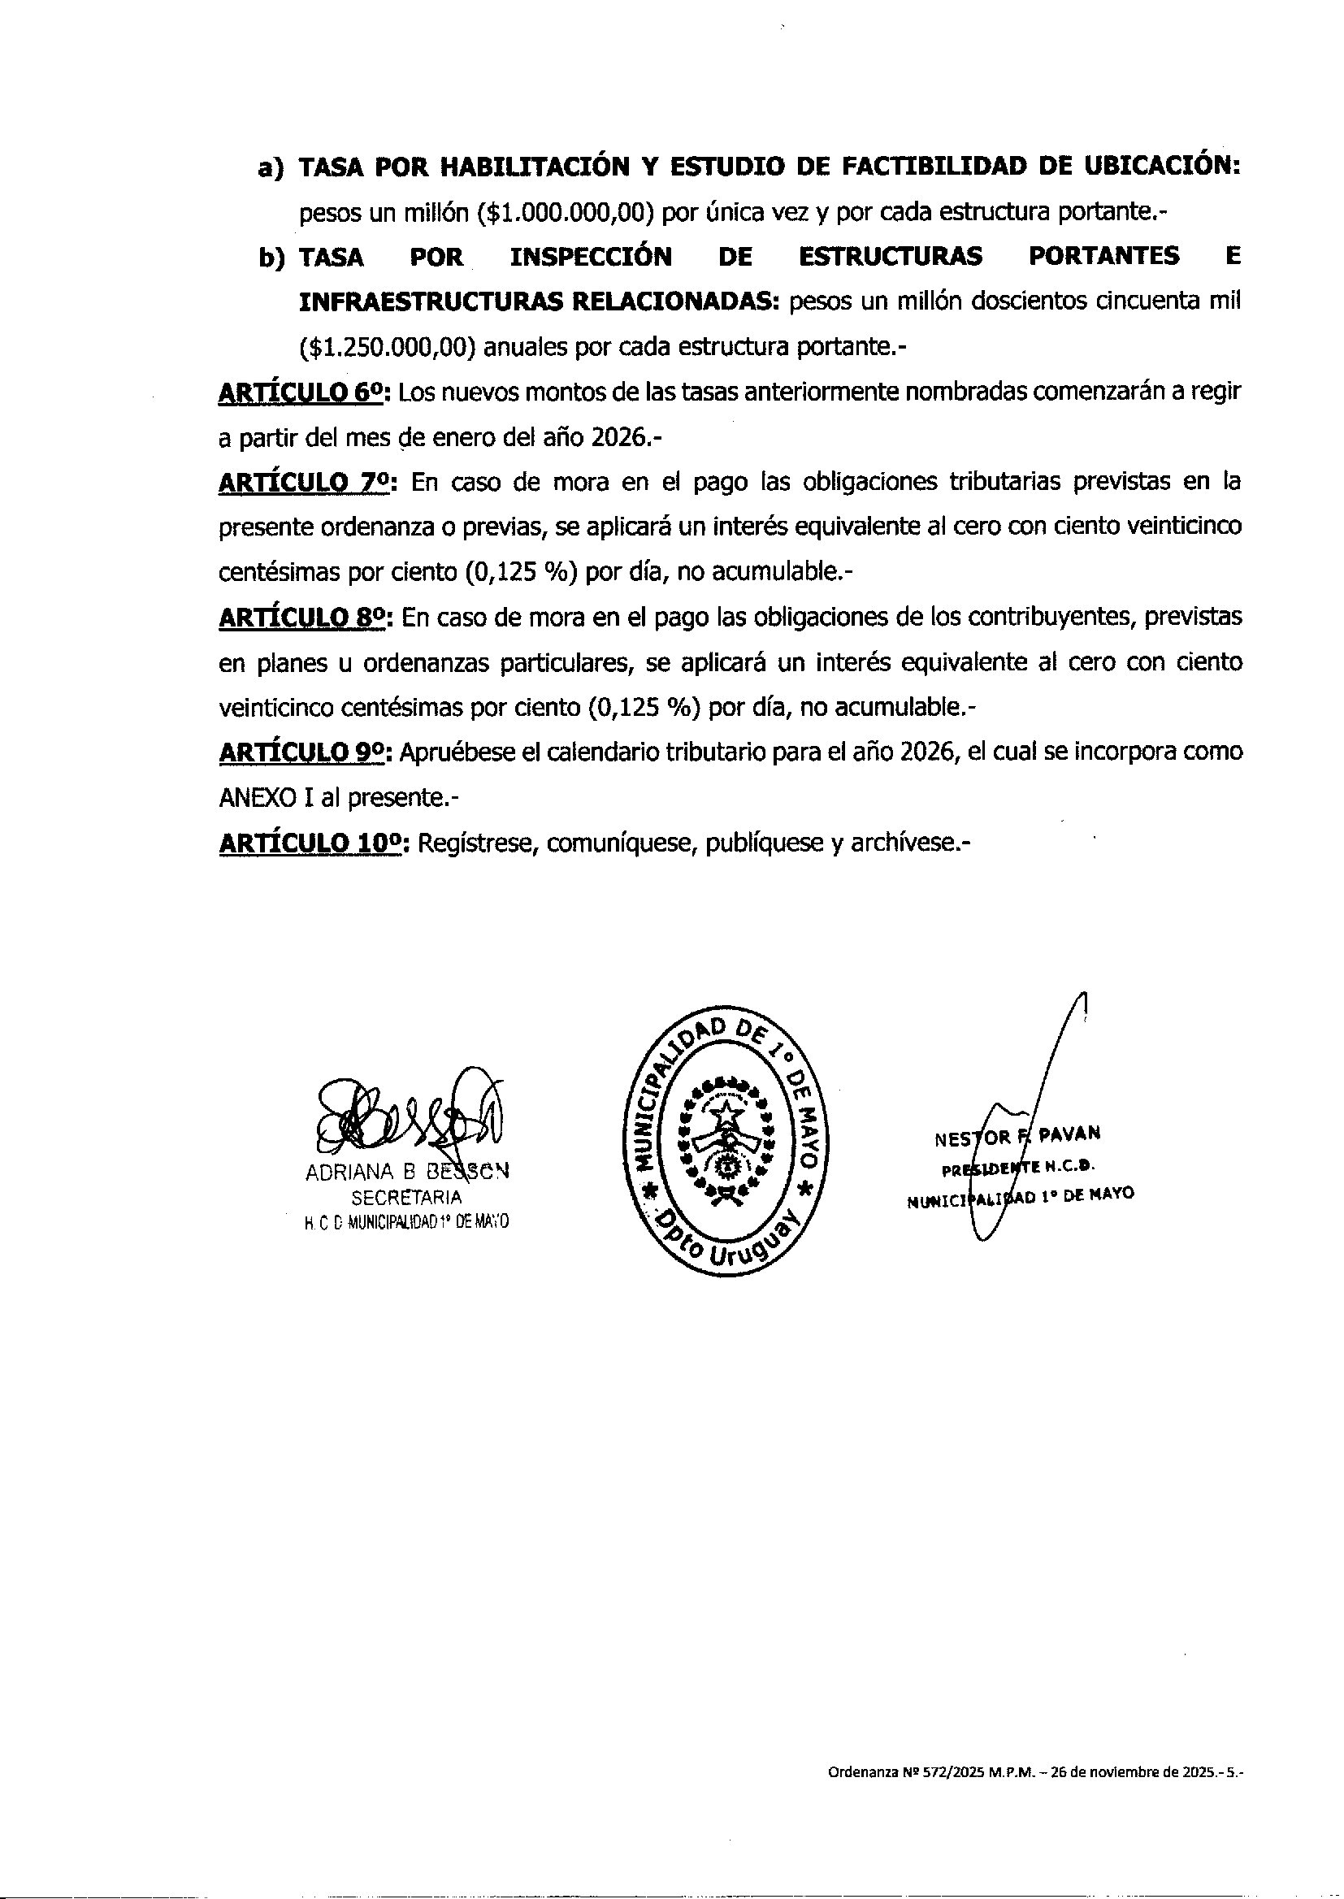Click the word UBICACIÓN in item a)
(x=1161, y=167)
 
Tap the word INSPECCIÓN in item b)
(x=590, y=258)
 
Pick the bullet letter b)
(x=271, y=258)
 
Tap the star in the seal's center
(x=726, y=1116)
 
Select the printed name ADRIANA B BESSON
(x=407, y=1173)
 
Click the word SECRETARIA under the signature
(x=406, y=1197)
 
